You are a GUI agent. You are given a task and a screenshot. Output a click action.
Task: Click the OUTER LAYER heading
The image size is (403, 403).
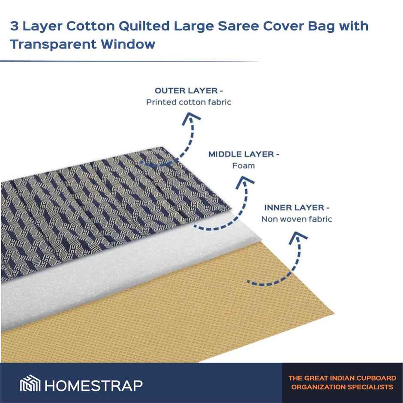click(x=189, y=91)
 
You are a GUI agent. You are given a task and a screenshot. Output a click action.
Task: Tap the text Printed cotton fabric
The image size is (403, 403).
click(x=189, y=102)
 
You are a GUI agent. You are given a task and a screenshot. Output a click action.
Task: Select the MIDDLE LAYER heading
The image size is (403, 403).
click(x=244, y=154)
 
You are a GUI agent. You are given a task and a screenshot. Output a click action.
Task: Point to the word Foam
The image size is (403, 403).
click(x=243, y=165)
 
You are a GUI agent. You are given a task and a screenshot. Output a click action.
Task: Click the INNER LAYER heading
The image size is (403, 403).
click(x=297, y=208)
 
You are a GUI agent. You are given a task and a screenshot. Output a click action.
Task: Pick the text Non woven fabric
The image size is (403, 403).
click(x=297, y=219)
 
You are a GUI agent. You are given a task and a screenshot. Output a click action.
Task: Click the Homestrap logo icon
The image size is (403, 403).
click(x=30, y=385)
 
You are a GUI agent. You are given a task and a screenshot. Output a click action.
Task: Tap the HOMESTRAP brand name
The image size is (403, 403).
click(x=93, y=385)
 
